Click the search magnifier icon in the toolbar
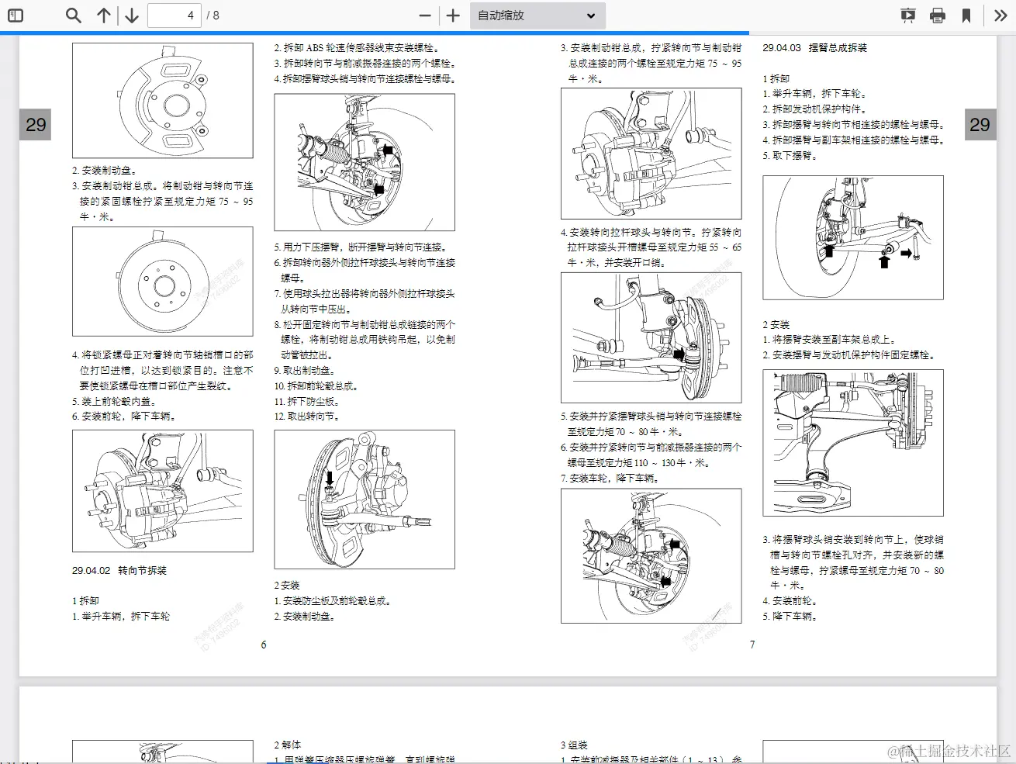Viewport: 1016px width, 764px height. (x=73, y=16)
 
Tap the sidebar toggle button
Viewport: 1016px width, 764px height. (x=16, y=16)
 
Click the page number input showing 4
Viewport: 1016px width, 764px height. (x=175, y=16)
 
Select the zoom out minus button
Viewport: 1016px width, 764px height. (x=424, y=16)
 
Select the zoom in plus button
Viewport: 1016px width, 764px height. (x=454, y=16)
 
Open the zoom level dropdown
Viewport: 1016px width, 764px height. (x=537, y=16)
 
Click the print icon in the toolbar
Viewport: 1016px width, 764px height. (x=937, y=16)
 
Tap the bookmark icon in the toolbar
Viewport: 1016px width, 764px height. (x=966, y=16)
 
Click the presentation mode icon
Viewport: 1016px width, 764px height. (x=907, y=16)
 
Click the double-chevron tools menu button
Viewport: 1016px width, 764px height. (x=1000, y=16)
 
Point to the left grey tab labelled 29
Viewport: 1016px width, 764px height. (x=36, y=125)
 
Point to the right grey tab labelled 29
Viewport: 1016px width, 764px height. (x=980, y=125)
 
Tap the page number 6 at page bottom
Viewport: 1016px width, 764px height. (x=264, y=645)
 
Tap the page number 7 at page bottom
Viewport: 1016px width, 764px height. (x=752, y=645)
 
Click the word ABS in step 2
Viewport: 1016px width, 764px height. (x=315, y=48)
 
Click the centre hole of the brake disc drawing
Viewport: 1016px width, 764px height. (x=164, y=286)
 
